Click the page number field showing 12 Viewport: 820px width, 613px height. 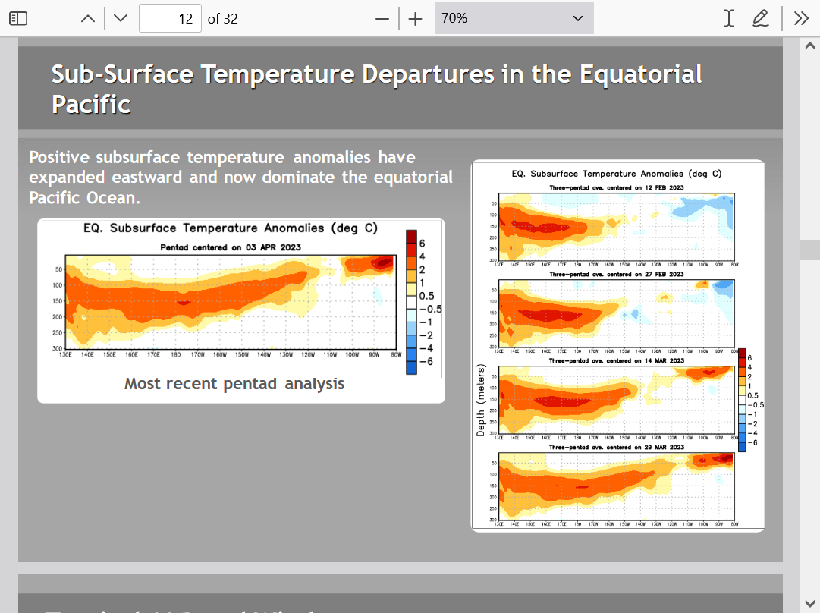click(171, 18)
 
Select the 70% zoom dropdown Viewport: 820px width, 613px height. click(514, 18)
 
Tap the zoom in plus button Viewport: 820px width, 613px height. click(415, 18)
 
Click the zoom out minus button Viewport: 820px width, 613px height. click(383, 18)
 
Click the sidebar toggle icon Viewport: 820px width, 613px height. click(18, 18)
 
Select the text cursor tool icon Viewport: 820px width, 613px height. click(728, 18)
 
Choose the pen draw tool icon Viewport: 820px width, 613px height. click(760, 18)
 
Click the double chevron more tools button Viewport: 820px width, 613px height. click(801, 18)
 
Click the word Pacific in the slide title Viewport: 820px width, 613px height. click(91, 104)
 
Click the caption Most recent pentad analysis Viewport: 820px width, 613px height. click(234, 384)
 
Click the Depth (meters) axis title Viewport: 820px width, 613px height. click(481, 408)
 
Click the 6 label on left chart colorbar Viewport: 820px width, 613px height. click(422, 243)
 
